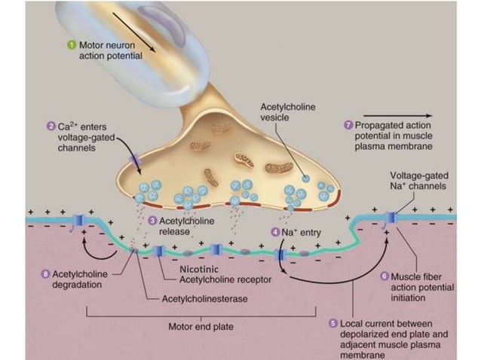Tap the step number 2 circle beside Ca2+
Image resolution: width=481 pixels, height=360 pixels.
(x=50, y=127)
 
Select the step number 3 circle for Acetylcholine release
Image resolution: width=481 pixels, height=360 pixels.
(x=152, y=221)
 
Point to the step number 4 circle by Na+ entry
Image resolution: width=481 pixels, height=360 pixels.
(x=275, y=232)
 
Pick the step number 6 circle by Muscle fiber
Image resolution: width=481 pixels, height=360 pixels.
(x=384, y=276)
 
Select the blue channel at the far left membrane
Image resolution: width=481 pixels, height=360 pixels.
(x=81, y=221)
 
